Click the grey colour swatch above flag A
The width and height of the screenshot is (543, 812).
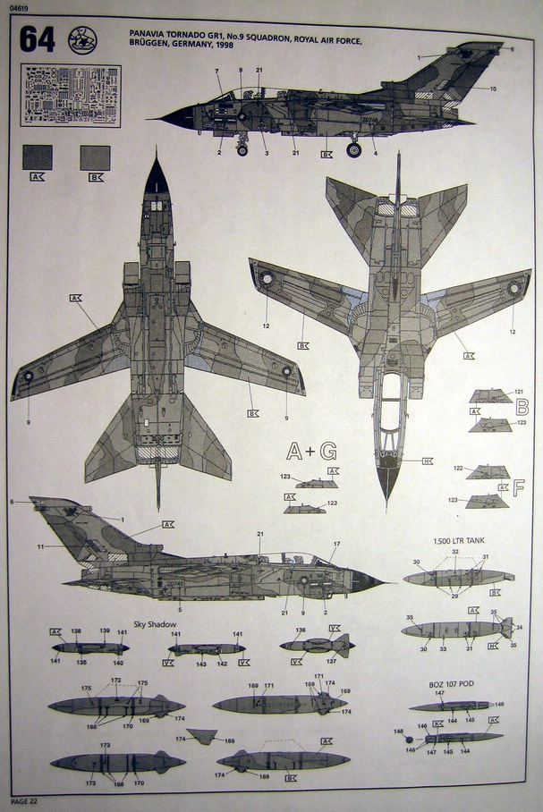37,157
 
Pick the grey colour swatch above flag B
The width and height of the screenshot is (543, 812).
95,157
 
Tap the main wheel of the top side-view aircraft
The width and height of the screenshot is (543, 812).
353,149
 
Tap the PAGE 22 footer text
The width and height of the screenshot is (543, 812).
25,799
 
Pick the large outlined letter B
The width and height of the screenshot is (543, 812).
521,408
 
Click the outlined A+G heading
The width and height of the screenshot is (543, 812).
311,451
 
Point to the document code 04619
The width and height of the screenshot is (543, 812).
16,7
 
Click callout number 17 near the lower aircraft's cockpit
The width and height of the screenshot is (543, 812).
337,545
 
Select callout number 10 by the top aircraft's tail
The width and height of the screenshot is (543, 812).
493,89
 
